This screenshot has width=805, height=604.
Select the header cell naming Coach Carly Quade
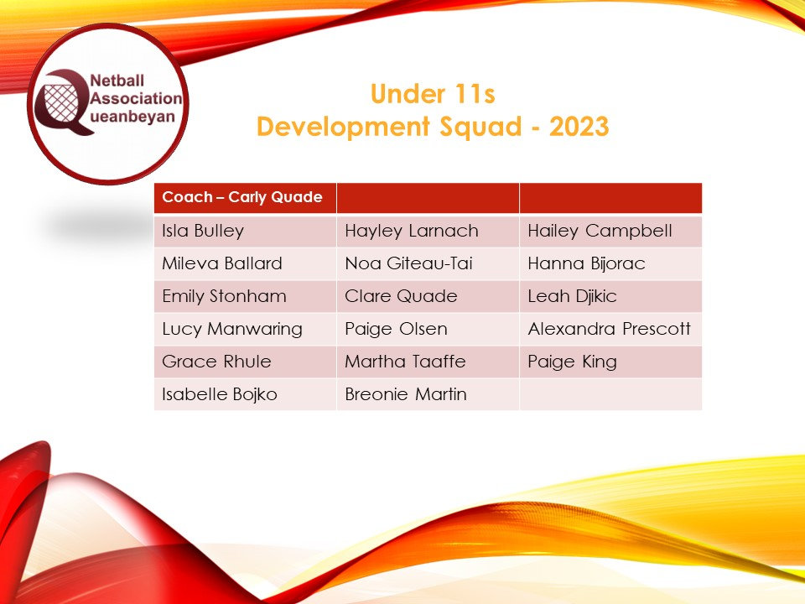point(242,198)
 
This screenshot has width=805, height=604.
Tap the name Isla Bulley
point(203,231)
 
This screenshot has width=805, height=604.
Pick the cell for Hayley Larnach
point(412,231)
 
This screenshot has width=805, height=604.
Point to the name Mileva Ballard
point(221,263)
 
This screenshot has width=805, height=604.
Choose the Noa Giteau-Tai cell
point(408,263)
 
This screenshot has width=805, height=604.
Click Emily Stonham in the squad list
point(224,296)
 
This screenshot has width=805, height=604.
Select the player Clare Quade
point(402,296)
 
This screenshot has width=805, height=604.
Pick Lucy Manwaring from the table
point(231,329)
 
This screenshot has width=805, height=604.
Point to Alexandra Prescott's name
point(610,329)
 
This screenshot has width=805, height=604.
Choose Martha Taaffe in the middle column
point(406,362)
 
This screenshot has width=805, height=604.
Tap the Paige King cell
point(572,362)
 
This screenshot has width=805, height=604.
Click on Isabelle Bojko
point(220,394)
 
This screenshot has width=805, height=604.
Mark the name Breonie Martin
point(406,394)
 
